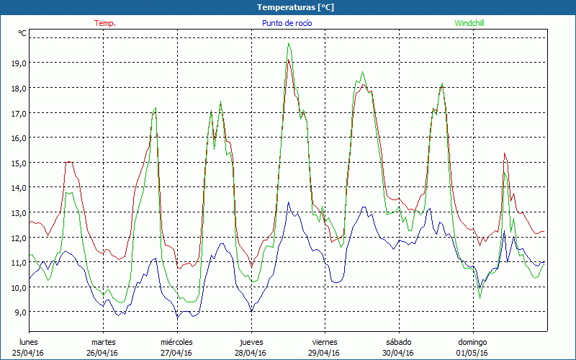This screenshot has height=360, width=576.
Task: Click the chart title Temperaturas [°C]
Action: [x=295, y=6]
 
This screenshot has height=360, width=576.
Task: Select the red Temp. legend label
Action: [x=105, y=23]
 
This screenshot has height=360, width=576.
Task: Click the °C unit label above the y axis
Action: [x=22, y=33]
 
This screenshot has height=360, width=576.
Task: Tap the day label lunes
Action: [x=28, y=341]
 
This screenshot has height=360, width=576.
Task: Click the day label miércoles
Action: [x=176, y=341]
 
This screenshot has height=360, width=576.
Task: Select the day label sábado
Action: [x=398, y=341]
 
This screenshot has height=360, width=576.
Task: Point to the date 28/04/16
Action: [x=251, y=353]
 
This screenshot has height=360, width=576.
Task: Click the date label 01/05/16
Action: [x=472, y=353]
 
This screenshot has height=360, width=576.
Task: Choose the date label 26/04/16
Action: [x=103, y=353]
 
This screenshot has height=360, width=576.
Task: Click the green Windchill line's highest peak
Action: [x=289, y=42]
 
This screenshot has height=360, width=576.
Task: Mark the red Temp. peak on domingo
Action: [x=504, y=153]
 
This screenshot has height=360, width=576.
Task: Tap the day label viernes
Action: [x=325, y=341]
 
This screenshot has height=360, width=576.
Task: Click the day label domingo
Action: [x=472, y=341]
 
